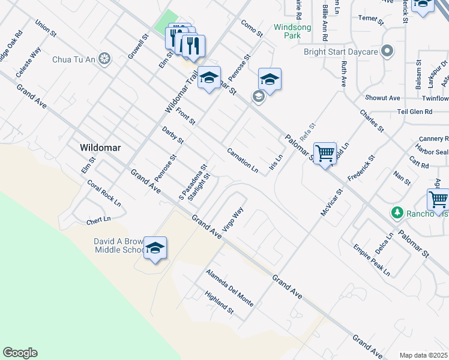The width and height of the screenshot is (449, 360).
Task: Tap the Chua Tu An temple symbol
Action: coord(105,59)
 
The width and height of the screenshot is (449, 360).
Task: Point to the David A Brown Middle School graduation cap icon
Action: coord(155,248)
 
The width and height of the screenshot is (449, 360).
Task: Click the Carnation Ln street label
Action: coord(243,161)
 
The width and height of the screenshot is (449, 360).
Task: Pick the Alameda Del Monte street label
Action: coord(229,288)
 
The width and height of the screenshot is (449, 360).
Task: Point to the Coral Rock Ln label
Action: coord(104,193)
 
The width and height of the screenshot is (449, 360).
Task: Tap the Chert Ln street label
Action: coord(99,221)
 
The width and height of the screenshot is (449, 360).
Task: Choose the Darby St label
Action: coord(173,136)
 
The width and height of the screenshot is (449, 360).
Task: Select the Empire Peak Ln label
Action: coord(371,260)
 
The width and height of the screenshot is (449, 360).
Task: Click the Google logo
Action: coord(20,353)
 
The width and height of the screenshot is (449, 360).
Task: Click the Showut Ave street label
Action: coord(382,98)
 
